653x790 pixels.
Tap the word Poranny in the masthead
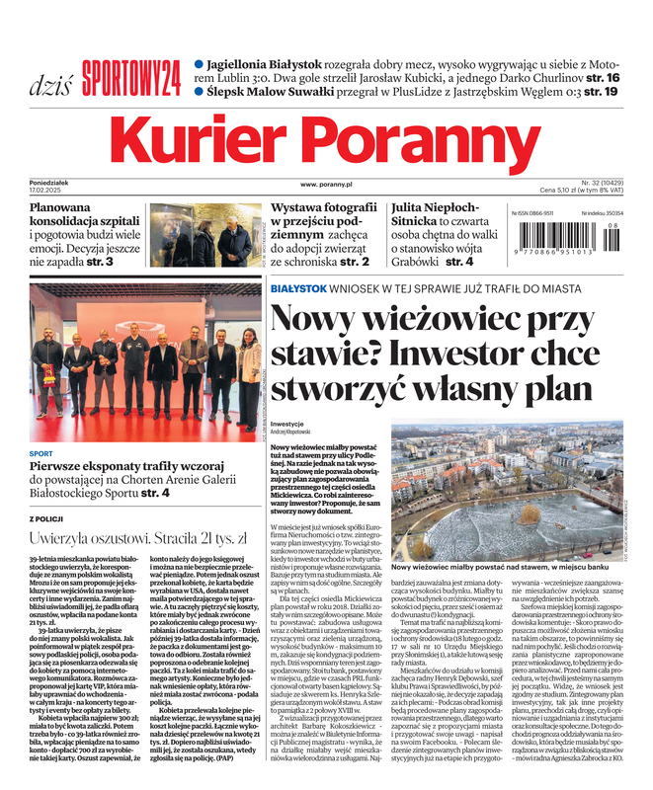[x=439, y=139]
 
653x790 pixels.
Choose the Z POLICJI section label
[x=46, y=517]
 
